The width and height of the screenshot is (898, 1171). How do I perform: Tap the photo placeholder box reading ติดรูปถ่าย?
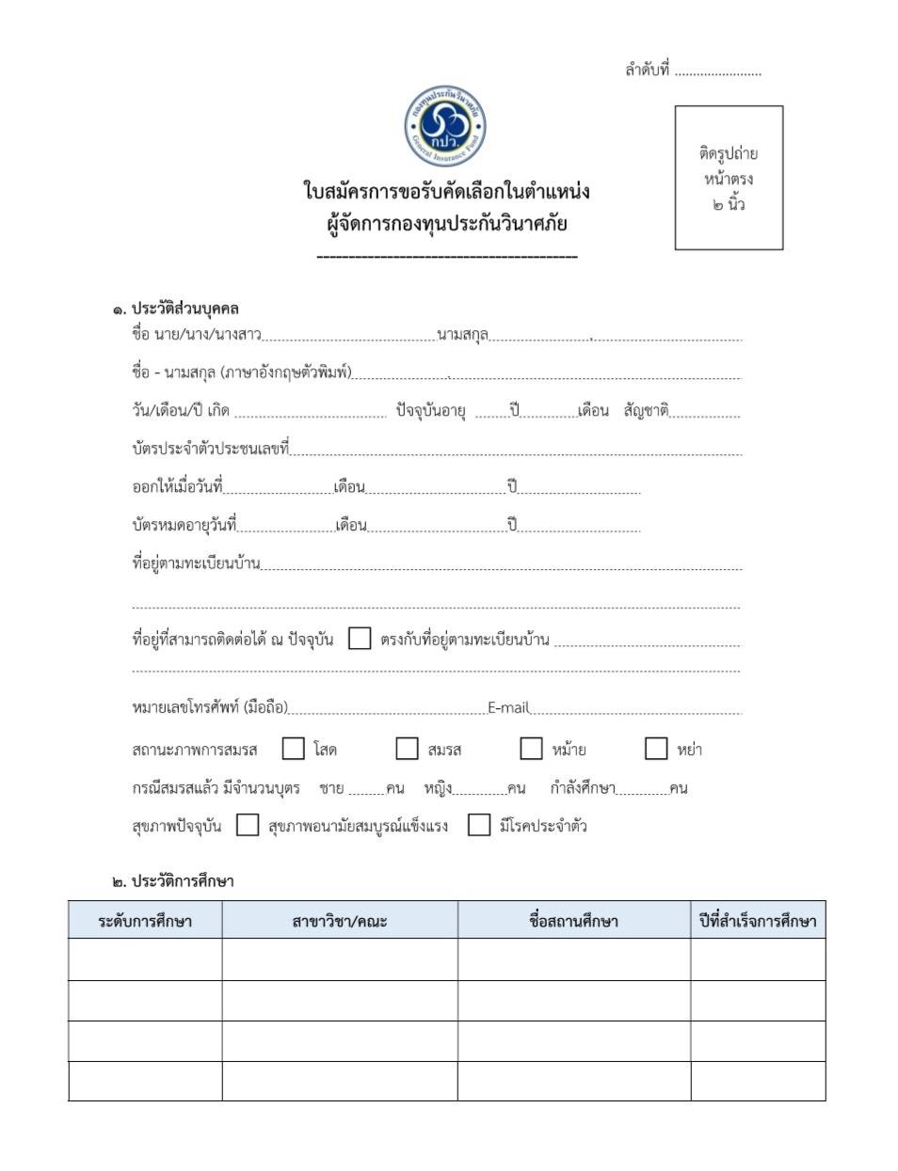tap(729, 178)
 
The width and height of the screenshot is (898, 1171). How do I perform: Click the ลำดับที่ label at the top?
tap(647, 71)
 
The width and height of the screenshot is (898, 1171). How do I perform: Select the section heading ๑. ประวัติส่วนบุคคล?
tap(176, 309)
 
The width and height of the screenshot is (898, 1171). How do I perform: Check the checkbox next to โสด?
tap(294, 749)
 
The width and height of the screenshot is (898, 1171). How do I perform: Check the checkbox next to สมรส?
tap(407, 749)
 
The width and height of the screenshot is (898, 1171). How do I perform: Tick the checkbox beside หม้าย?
tap(531, 749)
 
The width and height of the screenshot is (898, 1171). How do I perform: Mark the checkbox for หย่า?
tap(656, 749)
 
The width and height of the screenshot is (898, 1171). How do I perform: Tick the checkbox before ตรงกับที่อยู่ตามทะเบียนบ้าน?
tap(359, 639)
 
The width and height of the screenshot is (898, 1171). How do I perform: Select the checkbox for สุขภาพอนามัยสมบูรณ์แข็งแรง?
tap(248, 826)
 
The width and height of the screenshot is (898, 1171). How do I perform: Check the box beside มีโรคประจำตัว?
tap(479, 826)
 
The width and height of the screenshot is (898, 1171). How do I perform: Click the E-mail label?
tap(508, 708)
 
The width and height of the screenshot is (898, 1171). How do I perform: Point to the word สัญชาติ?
tap(646, 411)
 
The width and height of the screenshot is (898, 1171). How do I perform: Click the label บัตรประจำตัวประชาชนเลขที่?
tap(210, 449)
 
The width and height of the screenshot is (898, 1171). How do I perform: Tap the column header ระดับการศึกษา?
tap(145, 921)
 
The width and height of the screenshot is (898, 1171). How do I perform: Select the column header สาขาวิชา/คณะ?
tap(340, 921)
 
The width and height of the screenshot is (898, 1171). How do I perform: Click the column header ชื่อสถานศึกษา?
tap(573, 921)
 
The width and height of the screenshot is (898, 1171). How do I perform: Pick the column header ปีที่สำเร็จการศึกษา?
tap(758, 921)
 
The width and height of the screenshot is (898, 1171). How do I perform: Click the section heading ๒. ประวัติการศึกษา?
tap(173, 881)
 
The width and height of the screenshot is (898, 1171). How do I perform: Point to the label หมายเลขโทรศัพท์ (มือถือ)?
tap(210, 708)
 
